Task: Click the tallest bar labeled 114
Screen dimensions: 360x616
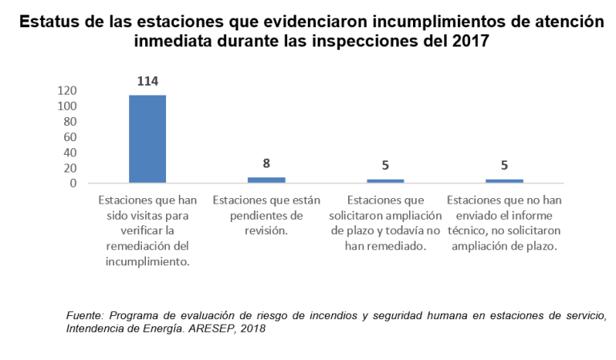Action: click(148, 139)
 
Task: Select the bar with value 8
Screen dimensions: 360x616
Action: click(266, 180)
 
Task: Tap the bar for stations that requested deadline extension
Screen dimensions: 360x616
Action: click(385, 180)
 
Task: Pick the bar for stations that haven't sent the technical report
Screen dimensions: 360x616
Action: click(504, 180)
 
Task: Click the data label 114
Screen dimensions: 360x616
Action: click(148, 81)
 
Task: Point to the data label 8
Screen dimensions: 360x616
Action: click(266, 164)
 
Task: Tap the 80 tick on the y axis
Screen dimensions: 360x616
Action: click(70, 122)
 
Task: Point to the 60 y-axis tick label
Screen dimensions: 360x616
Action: click(70, 137)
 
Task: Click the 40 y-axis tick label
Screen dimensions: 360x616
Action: click(70, 152)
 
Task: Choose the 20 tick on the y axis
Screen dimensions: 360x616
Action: click(70, 168)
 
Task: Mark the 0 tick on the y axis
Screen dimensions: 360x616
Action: click(73, 183)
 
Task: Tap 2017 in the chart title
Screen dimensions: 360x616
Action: click(468, 40)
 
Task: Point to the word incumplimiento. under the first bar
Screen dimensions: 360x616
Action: click(148, 261)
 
